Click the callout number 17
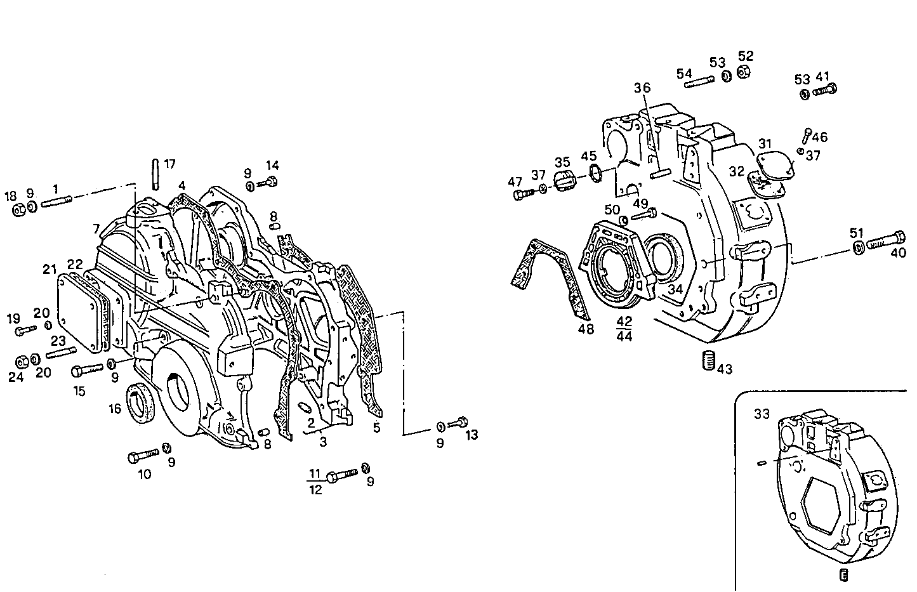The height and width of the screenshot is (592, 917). point(169,164)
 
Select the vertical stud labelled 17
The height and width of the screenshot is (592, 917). point(154,174)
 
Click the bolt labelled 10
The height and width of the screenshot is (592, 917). point(143,456)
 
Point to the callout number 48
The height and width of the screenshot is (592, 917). point(586,329)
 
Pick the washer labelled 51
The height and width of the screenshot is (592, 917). point(857,247)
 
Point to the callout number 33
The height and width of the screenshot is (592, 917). point(762,414)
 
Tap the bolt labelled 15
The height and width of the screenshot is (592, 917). point(87,369)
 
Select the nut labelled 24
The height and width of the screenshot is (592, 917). point(22,361)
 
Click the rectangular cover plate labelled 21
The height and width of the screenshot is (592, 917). point(79,311)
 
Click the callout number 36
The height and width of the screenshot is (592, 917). point(642,88)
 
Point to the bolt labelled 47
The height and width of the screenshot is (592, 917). point(524,194)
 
